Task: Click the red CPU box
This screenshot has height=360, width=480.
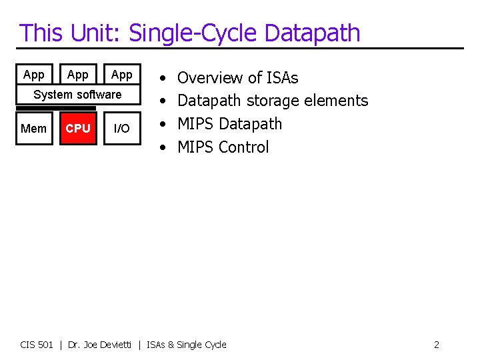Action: (78, 129)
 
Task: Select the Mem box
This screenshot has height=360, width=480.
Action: (33, 129)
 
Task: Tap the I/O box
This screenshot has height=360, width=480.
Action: (121, 129)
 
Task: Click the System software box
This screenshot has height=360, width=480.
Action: (78, 95)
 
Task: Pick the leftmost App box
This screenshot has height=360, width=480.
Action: (33, 75)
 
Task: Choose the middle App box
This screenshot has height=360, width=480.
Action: (78, 75)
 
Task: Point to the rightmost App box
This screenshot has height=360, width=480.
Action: (121, 75)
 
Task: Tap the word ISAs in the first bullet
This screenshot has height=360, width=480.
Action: (282, 78)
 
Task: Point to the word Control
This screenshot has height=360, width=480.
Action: (244, 147)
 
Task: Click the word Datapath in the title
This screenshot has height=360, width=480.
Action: (312, 33)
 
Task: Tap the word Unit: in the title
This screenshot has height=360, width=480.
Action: (96, 33)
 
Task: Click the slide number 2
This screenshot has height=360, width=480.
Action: (436, 345)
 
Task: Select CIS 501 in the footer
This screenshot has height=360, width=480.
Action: (37, 345)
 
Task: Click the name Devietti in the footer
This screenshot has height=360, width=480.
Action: (114, 345)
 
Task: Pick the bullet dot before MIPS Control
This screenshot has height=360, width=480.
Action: (163, 147)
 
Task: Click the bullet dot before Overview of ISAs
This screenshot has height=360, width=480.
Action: (163, 79)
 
